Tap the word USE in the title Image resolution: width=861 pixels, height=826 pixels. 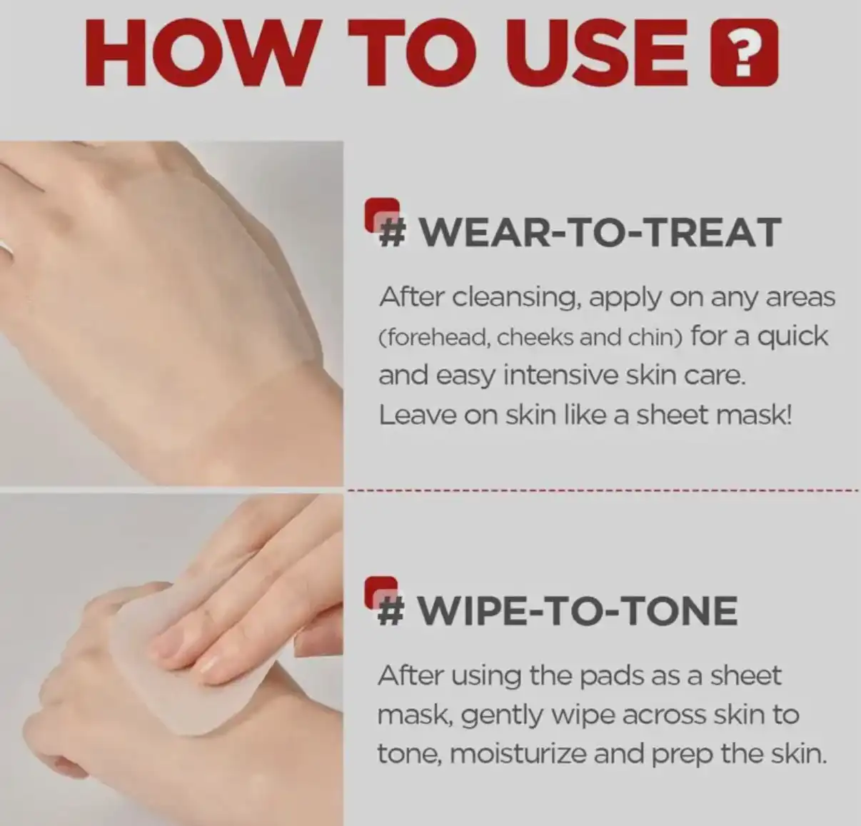593,52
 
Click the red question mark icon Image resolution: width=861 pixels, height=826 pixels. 744,52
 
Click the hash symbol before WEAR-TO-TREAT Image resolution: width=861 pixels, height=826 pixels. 391,232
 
